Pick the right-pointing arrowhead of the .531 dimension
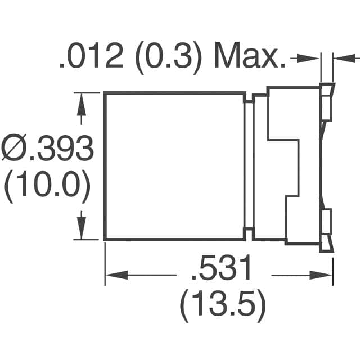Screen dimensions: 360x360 [x=324, y=275]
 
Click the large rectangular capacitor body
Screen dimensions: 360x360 [x=174, y=166]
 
